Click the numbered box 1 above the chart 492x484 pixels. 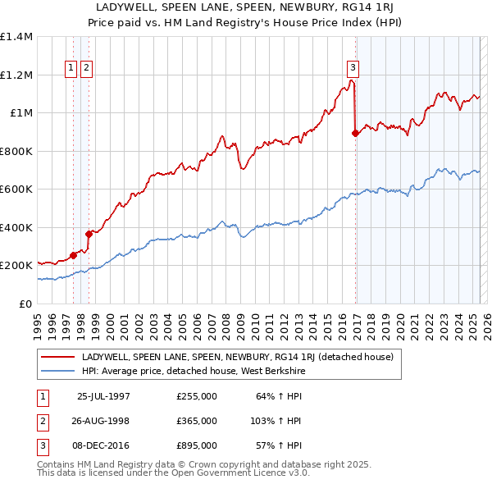tap(71, 68)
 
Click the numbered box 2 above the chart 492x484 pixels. tap(86, 68)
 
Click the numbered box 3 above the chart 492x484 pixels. tap(352, 68)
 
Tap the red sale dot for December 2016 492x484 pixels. tap(355, 133)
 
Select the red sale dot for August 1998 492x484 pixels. tap(89, 234)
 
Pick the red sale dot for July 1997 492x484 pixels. tap(74, 255)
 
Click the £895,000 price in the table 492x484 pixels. tap(196, 446)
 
